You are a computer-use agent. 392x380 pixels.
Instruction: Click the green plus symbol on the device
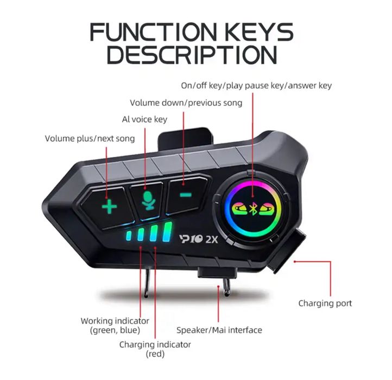coord(110,207)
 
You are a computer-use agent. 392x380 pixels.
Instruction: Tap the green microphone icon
coord(148,200)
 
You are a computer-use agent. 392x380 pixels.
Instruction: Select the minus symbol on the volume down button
coord(186,195)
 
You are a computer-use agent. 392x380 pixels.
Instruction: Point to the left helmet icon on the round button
coord(240,208)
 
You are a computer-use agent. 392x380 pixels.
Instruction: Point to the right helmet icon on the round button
coord(267,208)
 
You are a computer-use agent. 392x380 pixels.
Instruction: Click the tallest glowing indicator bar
coord(167,232)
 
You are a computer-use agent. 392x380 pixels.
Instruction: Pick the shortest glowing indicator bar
coord(129,236)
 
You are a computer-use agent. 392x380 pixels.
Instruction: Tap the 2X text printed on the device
coord(212,240)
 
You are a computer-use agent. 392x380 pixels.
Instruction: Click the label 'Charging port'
coord(325,303)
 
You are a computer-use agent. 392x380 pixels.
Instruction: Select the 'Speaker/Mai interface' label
coord(219,330)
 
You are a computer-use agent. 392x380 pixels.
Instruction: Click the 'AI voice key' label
coord(144,120)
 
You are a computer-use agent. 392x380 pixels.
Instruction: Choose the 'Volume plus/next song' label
coord(90,139)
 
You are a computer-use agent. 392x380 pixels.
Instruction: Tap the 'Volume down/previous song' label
coord(186,103)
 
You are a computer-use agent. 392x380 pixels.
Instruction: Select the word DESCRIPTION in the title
coord(192,54)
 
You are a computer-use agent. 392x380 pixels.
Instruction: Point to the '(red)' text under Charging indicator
coord(155,354)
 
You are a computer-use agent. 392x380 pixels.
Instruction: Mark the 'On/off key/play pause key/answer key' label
coord(256,85)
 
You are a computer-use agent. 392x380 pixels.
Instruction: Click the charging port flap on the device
coord(288,250)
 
